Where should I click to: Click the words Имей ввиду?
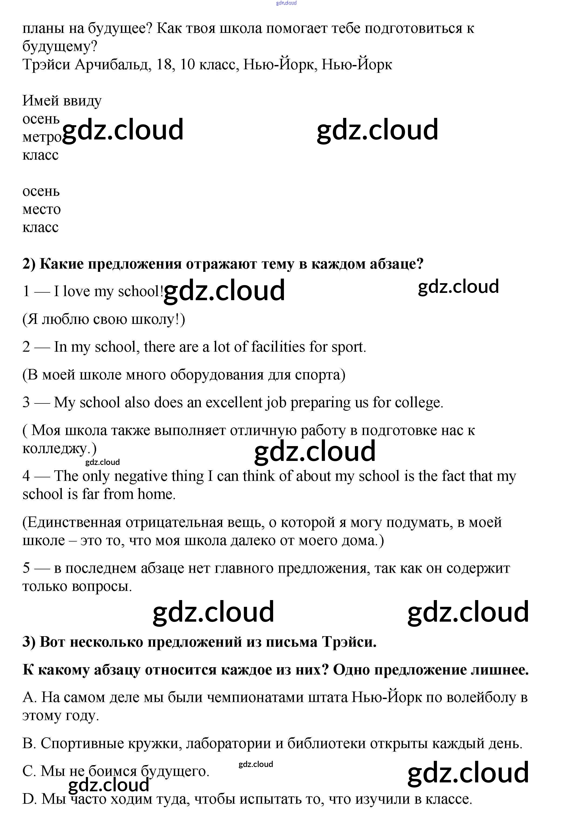tap(62, 101)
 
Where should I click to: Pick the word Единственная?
tap(72, 523)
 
